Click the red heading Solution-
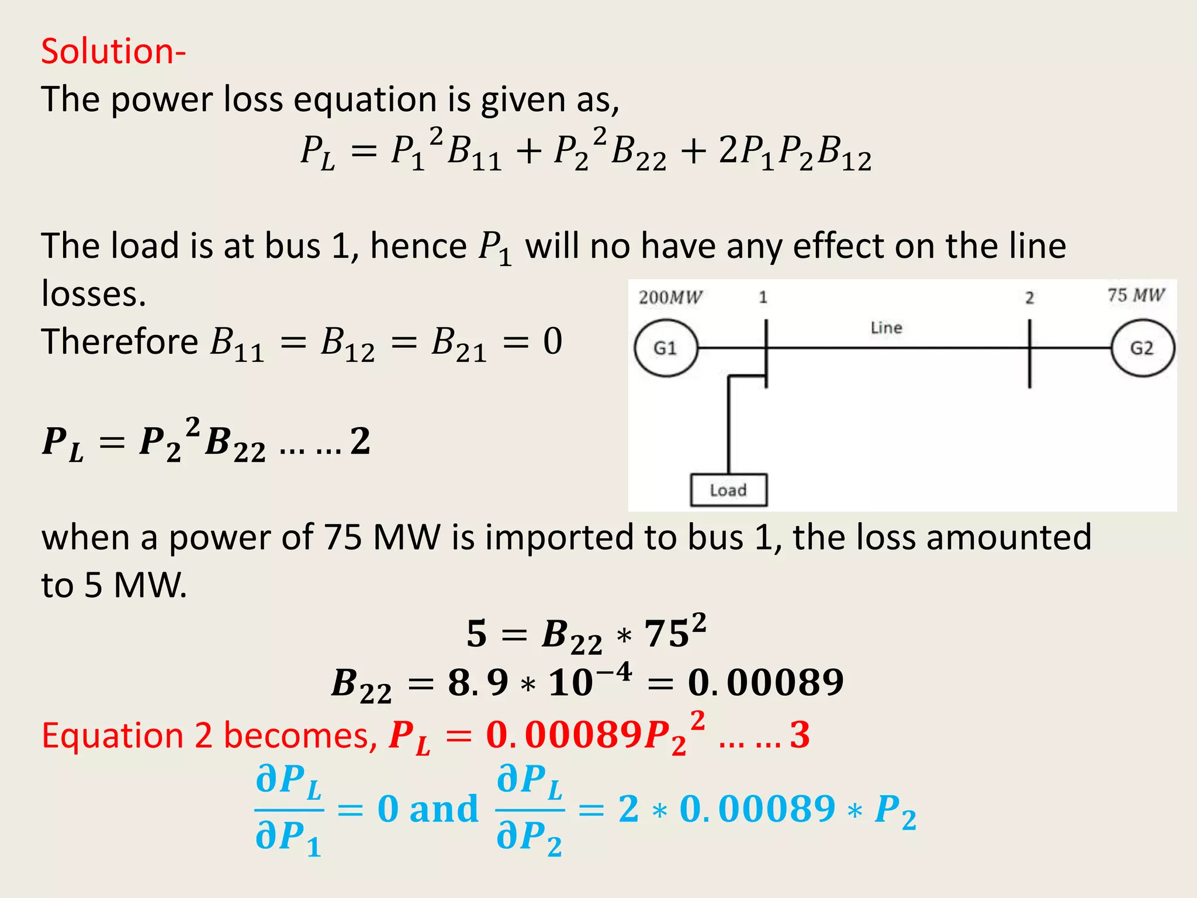113,51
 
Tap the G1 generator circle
666,348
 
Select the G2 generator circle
1142,348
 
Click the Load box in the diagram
728,490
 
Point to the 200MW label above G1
670,298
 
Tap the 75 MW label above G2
1136,295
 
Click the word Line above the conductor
886,328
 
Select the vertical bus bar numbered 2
1029,353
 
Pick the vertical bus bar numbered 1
766,353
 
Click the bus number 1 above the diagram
763,298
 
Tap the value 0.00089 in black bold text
766,682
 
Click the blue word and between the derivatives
444,809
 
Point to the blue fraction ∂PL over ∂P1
289,809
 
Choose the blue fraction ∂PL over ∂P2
530,809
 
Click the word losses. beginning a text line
94,293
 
